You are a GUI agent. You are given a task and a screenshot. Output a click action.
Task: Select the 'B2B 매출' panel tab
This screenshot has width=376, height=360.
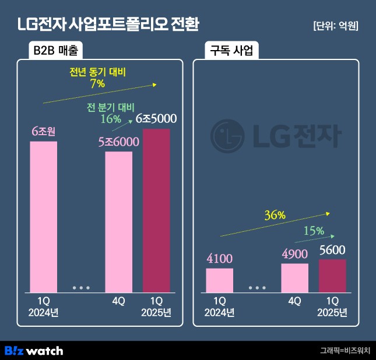pyautogui.click(x=57, y=51)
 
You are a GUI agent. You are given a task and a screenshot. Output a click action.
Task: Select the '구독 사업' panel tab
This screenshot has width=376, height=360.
pyautogui.click(x=231, y=51)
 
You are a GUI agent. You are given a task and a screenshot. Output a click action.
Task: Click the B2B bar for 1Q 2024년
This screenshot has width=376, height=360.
pyautogui.click(x=44, y=216)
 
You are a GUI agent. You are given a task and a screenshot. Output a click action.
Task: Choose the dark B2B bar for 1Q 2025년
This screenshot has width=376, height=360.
pyautogui.click(x=156, y=210)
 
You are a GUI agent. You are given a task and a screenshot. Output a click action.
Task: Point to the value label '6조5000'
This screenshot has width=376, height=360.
pyautogui.click(x=156, y=118)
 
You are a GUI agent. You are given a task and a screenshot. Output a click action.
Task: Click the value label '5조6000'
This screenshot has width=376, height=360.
pyautogui.click(x=118, y=142)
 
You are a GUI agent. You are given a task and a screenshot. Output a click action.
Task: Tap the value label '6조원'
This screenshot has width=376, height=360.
pyautogui.click(x=44, y=132)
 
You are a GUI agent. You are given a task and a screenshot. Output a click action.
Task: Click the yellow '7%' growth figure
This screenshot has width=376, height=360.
pyautogui.click(x=97, y=84)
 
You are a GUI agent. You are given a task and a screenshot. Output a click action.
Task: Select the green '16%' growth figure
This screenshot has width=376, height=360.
pyautogui.click(x=110, y=119)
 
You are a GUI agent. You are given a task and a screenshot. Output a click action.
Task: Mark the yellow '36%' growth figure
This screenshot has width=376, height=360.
pyautogui.click(x=275, y=215)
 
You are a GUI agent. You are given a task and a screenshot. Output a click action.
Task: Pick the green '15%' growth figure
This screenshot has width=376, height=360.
pyautogui.click(x=313, y=231)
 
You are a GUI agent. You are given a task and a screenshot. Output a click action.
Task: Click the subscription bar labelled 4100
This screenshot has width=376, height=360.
pyautogui.click(x=219, y=280)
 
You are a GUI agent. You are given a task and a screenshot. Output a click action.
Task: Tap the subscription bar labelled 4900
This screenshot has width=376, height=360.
pyautogui.click(x=294, y=278)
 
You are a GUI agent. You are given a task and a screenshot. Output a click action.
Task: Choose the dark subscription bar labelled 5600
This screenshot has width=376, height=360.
pyautogui.click(x=332, y=276)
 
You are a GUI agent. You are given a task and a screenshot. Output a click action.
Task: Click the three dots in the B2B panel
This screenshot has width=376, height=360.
pyautogui.click(x=81, y=288)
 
